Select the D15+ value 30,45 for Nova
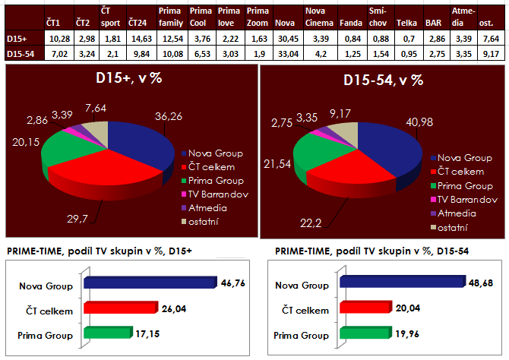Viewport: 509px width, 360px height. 285,37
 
